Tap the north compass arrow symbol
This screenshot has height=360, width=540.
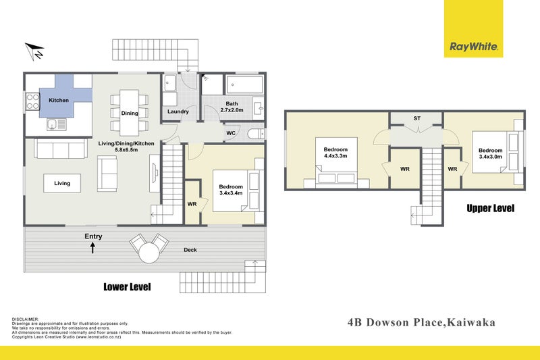coord(34,50)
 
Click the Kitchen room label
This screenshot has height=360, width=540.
coord(59,101)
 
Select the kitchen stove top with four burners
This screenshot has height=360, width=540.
coord(32,101)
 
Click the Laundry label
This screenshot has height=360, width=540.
coord(178,112)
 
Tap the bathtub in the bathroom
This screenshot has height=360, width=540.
coord(244,84)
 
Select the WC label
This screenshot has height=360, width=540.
coord(230,133)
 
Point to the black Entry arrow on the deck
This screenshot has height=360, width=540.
coord(92,248)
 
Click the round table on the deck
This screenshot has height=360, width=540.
coord(148,254)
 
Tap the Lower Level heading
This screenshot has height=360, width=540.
coord(127,287)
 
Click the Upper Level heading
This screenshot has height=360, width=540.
coord(491,209)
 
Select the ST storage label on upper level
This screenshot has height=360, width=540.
coord(416,119)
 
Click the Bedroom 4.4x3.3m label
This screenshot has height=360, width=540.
coord(335,153)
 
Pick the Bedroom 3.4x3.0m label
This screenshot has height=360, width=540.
coord(490,154)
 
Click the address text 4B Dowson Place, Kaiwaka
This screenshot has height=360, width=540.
coord(422,322)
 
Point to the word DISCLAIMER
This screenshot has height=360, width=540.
coord(26,318)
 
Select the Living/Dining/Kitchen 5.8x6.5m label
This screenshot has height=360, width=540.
coord(127,147)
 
